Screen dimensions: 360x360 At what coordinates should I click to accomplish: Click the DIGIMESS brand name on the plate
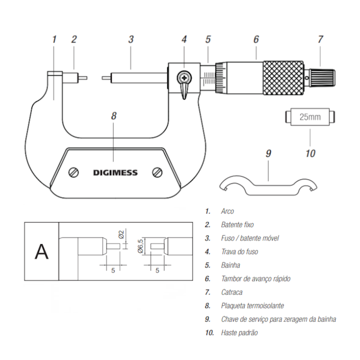115,172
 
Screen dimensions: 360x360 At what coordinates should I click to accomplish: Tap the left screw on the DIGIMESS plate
73,172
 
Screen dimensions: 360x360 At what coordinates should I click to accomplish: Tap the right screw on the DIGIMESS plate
157,172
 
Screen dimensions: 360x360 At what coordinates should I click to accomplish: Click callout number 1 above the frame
54,39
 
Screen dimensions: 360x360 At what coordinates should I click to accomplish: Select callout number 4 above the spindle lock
184,39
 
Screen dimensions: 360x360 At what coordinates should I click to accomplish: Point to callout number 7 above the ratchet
320,39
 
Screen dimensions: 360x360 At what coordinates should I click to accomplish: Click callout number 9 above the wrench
268,153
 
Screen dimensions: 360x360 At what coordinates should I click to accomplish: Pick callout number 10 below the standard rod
310,152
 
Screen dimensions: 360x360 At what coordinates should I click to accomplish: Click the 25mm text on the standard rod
310,117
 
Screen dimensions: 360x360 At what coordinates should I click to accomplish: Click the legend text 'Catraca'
232,292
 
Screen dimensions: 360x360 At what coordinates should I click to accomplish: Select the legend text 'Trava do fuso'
239,251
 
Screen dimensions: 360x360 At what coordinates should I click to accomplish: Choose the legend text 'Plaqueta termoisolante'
252,306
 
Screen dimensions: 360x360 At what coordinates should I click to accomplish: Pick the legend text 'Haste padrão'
239,333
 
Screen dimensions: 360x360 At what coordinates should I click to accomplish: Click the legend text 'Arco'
227,211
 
